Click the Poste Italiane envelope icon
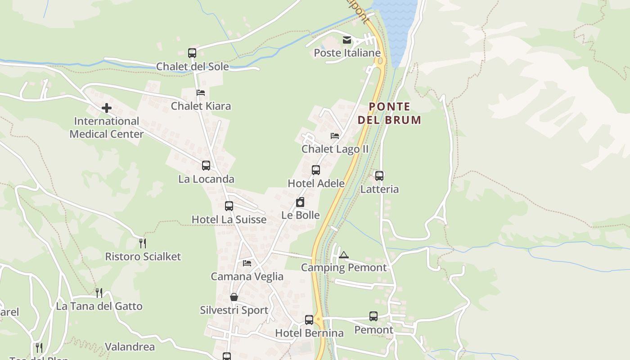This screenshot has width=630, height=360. [346, 40]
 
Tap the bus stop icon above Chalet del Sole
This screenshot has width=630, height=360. [192, 53]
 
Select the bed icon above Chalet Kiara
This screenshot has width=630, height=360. [201, 93]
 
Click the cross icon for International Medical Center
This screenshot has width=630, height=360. [107, 108]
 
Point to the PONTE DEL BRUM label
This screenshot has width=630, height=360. [390, 113]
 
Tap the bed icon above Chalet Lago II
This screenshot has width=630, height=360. [335, 135]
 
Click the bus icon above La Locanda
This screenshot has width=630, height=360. [206, 166]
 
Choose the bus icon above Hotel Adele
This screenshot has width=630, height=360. [316, 170]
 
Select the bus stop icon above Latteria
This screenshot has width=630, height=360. [379, 176]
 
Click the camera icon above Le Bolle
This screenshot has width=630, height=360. [300, 202]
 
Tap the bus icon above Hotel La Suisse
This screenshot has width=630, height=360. [229, 206]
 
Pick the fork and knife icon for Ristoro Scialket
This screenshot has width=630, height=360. [143, 243]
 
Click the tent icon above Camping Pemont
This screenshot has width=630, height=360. [344, 255]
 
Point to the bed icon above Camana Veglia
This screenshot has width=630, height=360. [247, 263]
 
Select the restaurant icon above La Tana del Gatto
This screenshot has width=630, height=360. [99, 293]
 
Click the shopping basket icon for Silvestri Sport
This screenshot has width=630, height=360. [234, 297]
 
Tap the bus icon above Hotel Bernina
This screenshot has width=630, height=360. [309, 320]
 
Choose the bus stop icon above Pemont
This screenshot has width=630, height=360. [373, 316]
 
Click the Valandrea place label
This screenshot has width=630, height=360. [130, 347]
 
